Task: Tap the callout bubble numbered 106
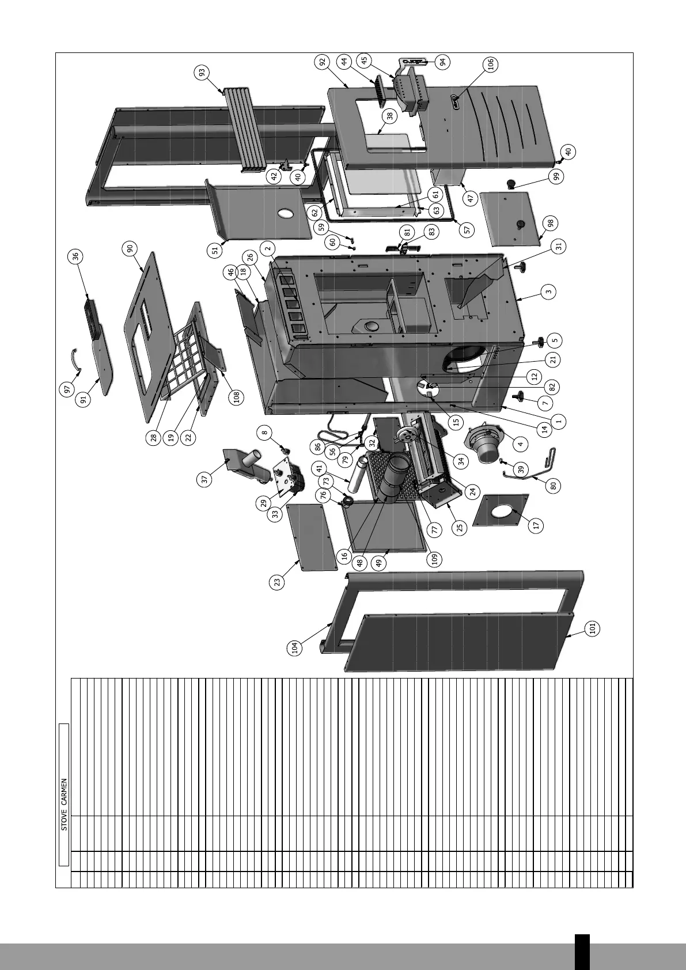pyautogui.click(x=491, y=65)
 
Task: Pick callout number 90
pyautogui.click(x=130, y=248)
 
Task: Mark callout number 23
pyautogui.click(x=278, y=582)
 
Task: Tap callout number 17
pyautogui.click(x=537, y=525)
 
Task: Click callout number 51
pyautogui.click(x=215, y=251)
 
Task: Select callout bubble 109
pyautogui.click(x=435, y=558)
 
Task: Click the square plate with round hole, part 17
pyautogui.click(x=500, y=510)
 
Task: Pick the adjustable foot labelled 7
pyautogui.click(x=523, y=396)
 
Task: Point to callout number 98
pyautogui.click(x=551, y=223)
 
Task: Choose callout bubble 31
pyautogui.click(x=558, y=246)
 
